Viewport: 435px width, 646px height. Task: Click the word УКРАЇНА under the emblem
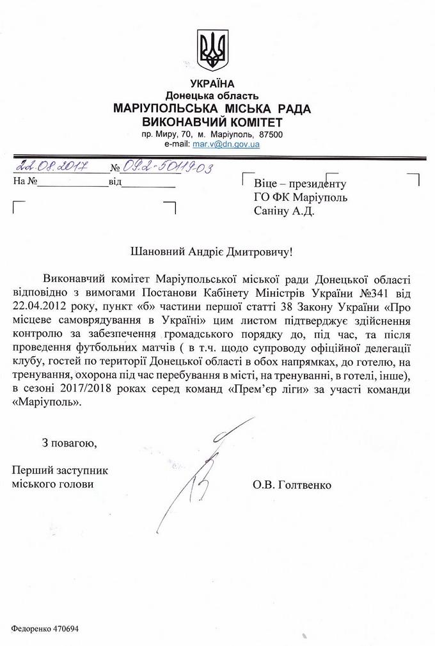212,83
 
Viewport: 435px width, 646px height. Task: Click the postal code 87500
271,135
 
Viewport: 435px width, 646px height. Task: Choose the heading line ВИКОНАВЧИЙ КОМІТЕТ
212,122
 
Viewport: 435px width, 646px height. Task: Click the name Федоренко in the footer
29,627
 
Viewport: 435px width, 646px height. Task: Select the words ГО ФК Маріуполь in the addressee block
300,197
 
